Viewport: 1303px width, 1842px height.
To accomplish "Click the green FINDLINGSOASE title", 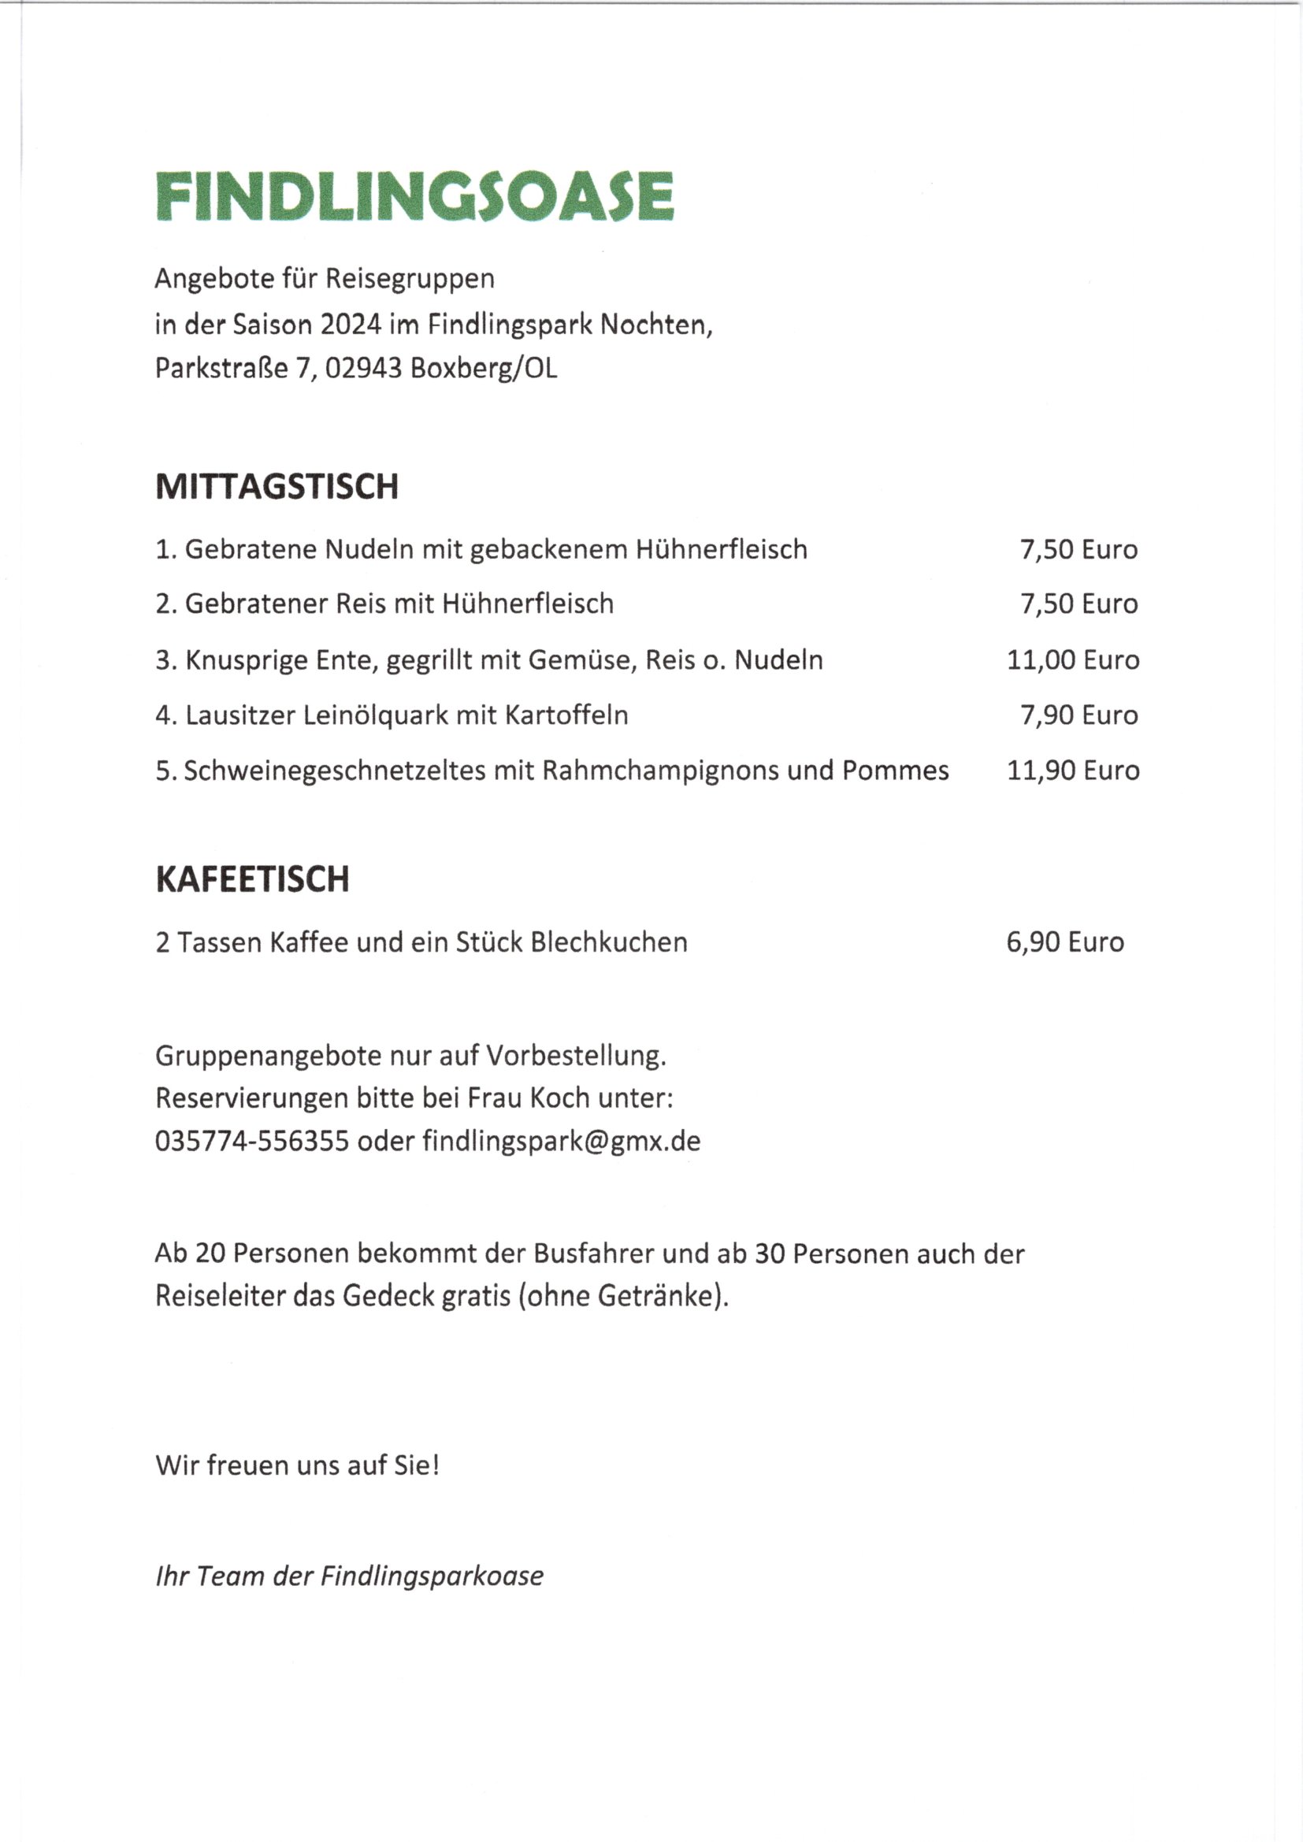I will pyautogui.click(x=414, y=195).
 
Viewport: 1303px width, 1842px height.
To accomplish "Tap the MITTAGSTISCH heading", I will pyautogui.click(x=276, y=487).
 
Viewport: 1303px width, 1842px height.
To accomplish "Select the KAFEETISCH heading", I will pyautogui.click(x=252, y=879).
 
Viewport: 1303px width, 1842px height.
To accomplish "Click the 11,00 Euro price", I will pyautogui.click(x=1073, y=660).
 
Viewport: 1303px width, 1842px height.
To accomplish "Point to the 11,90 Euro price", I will pyautogui.click(x=1073, y=771).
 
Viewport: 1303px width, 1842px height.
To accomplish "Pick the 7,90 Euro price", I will pyautogui.click(x=1078, y=715).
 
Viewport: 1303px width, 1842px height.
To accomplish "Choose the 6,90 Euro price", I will pyautogui.click(x=1065, y=941).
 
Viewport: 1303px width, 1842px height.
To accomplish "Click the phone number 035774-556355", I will pyautogui.click(x=252, y=1141).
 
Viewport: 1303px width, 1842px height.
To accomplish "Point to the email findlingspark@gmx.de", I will pyautogui.click(x=562, y=1141).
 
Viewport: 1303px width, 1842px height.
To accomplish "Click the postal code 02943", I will pyautogui.click(x=362, y=368).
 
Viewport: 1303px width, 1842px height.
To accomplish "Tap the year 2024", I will pyautogui.click(x=351, y=325).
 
